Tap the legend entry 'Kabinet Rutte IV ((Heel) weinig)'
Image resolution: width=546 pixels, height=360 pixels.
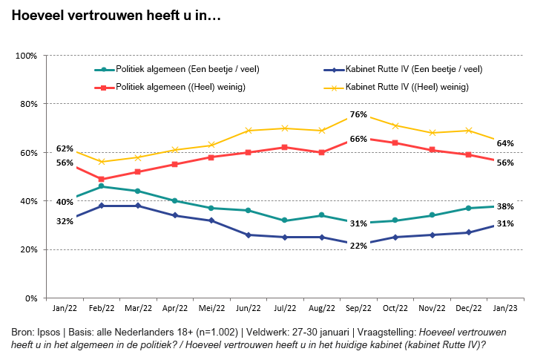(x=407, y=87)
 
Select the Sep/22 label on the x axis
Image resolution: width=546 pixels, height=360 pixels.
(x=358, y=308)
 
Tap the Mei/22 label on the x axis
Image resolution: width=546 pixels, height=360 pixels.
(x=211, y=308)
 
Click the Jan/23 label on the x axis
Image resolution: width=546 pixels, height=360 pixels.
(x=505, y=308)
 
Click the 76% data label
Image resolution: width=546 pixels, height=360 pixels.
(x=358, y=114)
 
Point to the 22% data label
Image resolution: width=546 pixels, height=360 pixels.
(x=358, y=246)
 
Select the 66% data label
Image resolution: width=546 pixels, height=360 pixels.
(x=358, y=139)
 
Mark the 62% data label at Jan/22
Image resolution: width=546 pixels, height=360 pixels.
(x=65, y=148)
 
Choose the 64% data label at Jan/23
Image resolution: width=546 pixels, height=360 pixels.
(x=505, y=143)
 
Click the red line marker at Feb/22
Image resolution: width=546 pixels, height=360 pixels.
(x=102, y=179)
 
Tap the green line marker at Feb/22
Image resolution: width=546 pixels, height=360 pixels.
(x=102, y=186)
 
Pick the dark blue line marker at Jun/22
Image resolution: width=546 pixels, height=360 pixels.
(x=249, y=235)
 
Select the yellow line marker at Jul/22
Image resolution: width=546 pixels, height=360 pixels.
(x=285, y=128)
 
